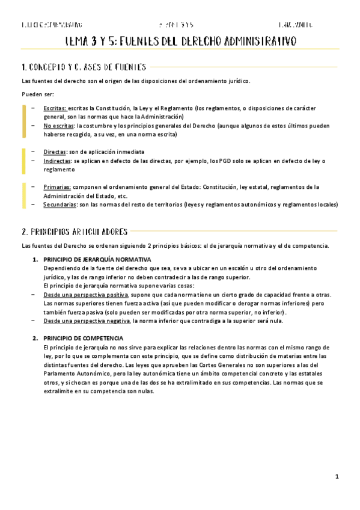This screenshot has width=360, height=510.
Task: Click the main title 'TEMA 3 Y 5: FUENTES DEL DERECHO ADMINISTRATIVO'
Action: point(180,41)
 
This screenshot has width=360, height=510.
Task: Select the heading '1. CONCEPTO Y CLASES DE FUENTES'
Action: point(84,67)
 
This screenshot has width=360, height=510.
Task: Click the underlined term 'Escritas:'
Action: point(55,108)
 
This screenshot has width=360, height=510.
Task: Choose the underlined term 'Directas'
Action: point(55,152)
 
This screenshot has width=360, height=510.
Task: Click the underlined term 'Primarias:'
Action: point(57,187)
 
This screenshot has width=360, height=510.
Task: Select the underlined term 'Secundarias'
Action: point(59,204)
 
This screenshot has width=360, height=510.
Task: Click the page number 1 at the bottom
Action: point(338,477)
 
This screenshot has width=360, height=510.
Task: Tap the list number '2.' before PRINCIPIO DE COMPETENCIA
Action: point(35,339)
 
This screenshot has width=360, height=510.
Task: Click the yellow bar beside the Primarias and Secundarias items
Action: point(23,195)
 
